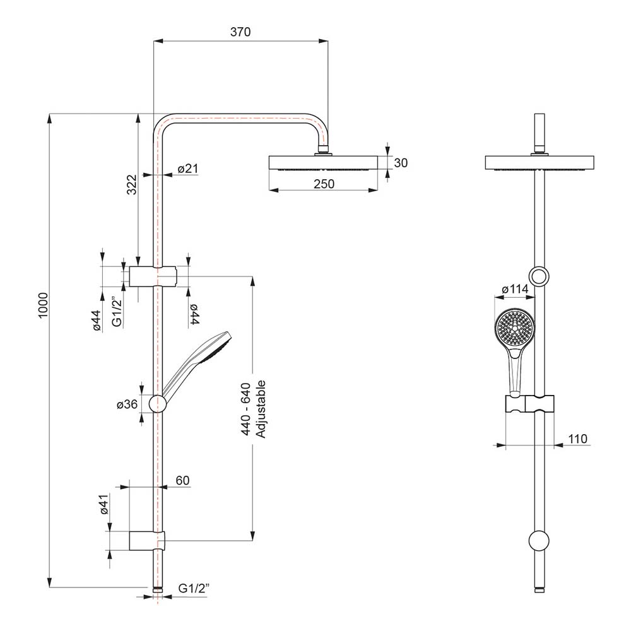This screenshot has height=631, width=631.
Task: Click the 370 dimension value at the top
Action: [241, 32]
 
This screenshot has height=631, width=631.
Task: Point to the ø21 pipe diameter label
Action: [188, 168]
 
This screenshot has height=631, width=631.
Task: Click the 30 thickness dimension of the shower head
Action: [401, 163]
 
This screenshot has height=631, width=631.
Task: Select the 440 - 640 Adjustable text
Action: [252, 410]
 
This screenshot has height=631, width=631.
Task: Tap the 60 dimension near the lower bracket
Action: [182, 481]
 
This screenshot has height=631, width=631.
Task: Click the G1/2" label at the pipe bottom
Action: [193, 588]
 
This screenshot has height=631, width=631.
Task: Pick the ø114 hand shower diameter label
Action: [514, 290]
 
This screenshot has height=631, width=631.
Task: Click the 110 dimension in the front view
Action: [577, 439]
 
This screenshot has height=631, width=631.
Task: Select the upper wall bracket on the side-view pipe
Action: [153, 276]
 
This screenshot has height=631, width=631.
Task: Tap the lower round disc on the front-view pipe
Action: [539, 540]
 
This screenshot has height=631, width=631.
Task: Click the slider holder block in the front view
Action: [530, 404]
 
